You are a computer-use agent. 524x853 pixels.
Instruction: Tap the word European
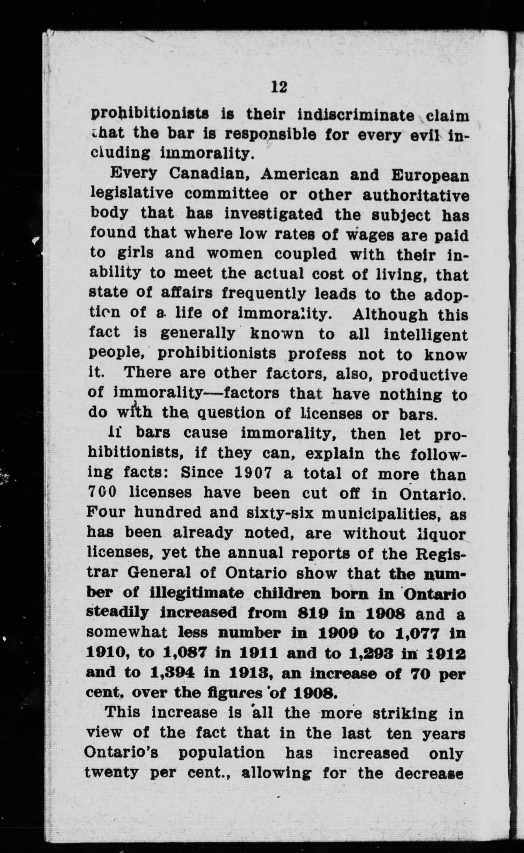click(430, 175)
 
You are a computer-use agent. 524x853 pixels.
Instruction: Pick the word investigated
click(273, 215)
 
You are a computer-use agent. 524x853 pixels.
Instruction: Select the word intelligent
click(425, 335)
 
